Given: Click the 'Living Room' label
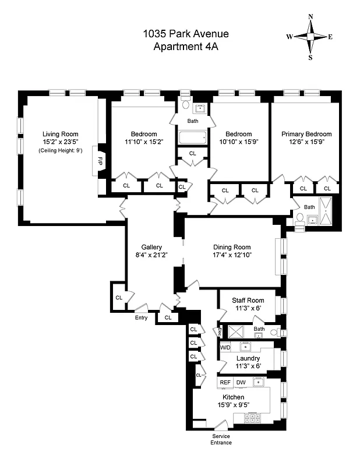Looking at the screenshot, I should tap(61, 134).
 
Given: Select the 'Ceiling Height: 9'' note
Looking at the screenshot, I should tap(61, 151).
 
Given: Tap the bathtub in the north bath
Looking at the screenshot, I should tap(193, 138).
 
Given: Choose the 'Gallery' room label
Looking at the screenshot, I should tap(151, 246).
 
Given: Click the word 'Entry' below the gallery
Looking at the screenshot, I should tap(141, 317).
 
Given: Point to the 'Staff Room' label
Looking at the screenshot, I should tap(248, 300).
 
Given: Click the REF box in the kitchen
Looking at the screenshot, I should tap(225, 383).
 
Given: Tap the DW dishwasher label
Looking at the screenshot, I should tap(241, 383).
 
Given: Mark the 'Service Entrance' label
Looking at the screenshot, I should tap(221, 439).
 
